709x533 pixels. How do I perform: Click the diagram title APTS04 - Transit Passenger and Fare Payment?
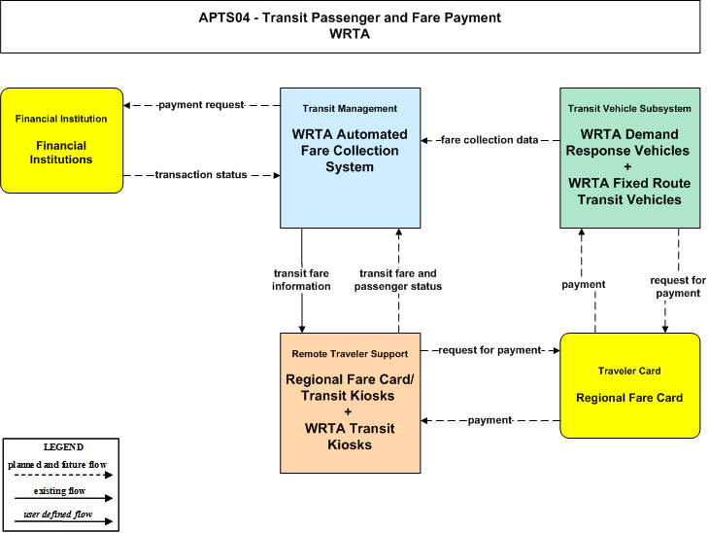point(350,18)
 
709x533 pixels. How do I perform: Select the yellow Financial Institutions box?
point(61,140)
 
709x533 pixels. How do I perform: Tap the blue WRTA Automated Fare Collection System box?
point(350,158)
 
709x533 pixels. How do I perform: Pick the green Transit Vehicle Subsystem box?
point(630,158)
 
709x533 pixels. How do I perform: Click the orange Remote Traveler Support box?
point(350,403)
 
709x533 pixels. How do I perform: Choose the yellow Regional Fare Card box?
point(630,385)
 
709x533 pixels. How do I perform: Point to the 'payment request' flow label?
point(201,105)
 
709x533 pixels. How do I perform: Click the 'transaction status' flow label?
point(201,175)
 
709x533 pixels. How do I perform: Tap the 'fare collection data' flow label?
point(490,140)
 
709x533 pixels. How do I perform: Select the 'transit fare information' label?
point(301,280)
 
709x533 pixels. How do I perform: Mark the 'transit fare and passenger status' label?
point(398,280)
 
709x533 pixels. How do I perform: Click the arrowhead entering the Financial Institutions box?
point(126,105)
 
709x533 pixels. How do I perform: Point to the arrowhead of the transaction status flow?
point(277,175)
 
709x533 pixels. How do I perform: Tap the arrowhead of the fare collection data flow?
point(424,140)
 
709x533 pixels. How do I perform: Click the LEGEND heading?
point(63,447)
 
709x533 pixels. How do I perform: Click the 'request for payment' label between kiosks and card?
point(490,350)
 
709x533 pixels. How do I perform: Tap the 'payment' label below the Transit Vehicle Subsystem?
point(584,284)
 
